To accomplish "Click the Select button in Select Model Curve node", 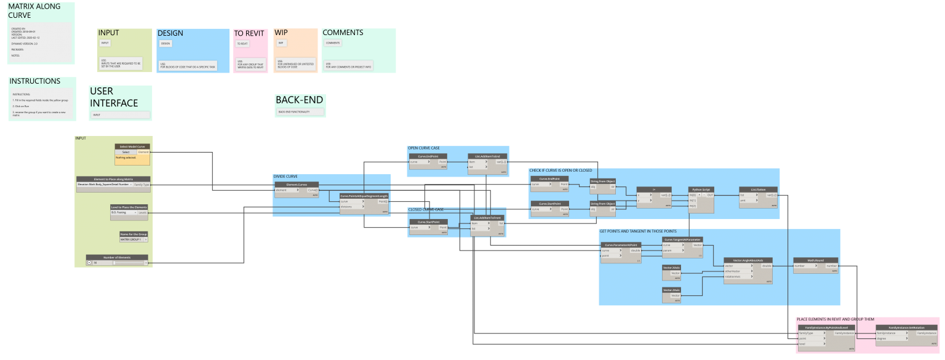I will pos(126,151).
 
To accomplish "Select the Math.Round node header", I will pos(816,260).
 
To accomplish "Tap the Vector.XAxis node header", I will pos(671,268).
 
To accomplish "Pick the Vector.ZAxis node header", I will pos(671,290).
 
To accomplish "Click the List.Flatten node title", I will pos(757,189).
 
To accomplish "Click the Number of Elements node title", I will pos(117,257).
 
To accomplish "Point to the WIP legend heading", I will pos(281,33).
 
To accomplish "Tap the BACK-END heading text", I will pos(299,100).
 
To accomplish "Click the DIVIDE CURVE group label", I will pos(285,177).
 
